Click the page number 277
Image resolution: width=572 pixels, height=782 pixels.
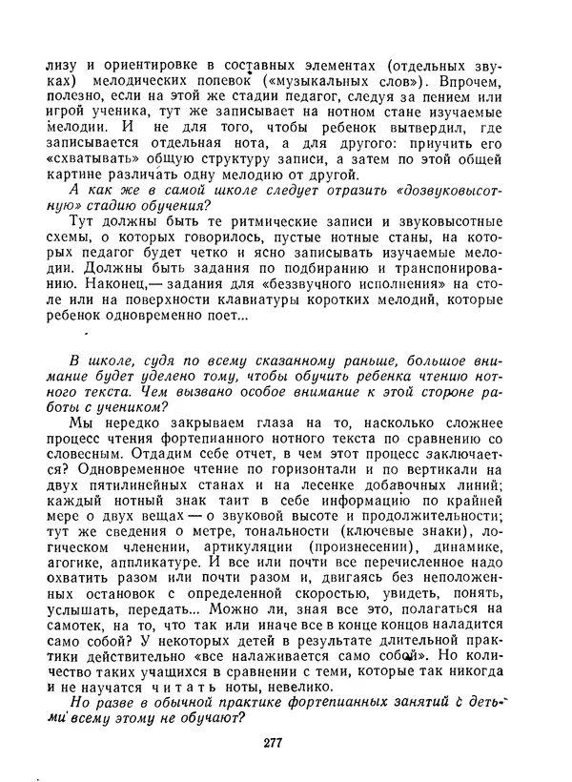[286, 744]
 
